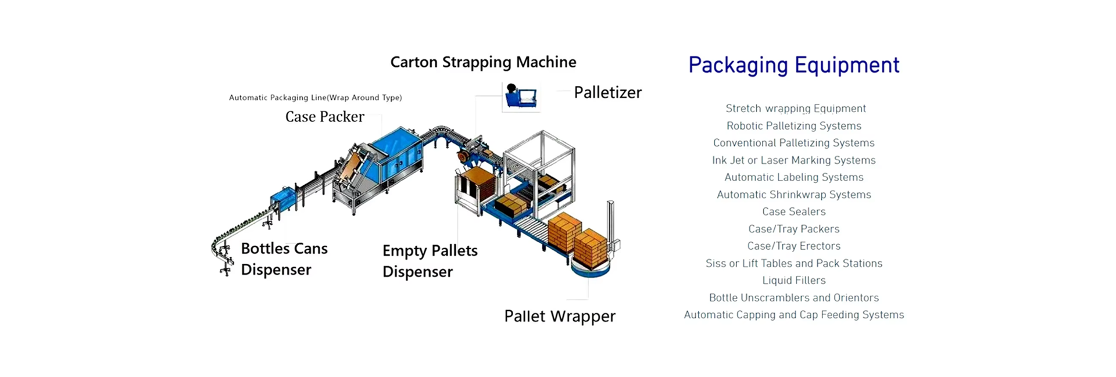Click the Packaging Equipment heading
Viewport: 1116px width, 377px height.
click(x=793, y=65)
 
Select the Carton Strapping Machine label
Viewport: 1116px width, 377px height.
click(x=483, y=62)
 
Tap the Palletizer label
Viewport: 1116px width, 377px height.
click(x=607, y=92)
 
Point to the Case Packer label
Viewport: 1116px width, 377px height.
click(x=324, y=117)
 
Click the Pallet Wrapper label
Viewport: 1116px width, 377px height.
click(x=559, y=316)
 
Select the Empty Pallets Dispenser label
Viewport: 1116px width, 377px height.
click(x=430, y=261)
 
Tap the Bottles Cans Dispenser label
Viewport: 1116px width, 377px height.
click(x=284, y=258)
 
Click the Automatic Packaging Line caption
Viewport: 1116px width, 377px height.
click(x=315, y=98)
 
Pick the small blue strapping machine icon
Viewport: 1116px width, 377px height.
click(x=520, y=96)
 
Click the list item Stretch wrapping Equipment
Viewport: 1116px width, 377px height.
click(x=795, y=109)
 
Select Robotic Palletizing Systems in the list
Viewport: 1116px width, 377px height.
click(x=793, y=126)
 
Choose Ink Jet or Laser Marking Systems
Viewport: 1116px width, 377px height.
click(x=793, y=160)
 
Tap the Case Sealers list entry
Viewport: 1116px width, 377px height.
click(x=793, y=211)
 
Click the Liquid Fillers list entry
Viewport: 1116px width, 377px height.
click(x=793, y=281)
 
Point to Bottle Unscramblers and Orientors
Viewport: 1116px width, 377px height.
click(x=793, y=297)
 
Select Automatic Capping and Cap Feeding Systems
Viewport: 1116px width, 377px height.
click(x=793, y=315)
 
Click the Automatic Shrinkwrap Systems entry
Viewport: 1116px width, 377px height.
click(x=793, y=195)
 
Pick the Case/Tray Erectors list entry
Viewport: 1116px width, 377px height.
click(x=793, y=246)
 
